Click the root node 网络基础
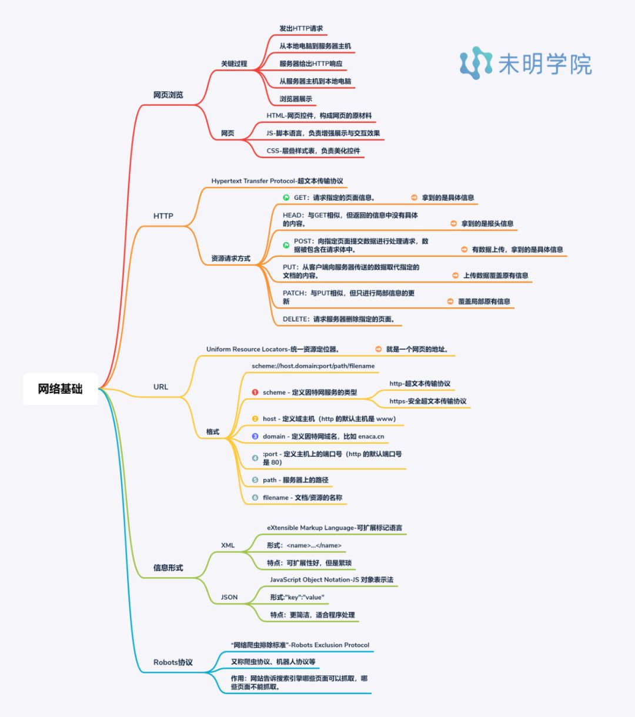point(60,389)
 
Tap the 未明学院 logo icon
point(476,63)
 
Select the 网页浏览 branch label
point(168,95)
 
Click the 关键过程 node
point(234,63)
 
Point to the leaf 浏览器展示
point(296,99)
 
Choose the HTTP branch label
point(163,216)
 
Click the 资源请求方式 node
point(230,258)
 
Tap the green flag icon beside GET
point(286,197)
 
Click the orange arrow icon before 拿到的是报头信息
point(453,223)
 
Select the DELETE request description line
point(339,319)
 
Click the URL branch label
point(161,387)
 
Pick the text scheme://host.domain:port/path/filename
point(313,366)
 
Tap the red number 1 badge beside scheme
point(255,392)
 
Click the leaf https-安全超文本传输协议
point(427,401)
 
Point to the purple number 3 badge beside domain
point(255,436)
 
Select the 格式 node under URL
point(212,431)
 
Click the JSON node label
point(229,597)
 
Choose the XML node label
point(228,545)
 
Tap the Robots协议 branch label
point(173,662)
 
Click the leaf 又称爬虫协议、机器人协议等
point(273,661)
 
